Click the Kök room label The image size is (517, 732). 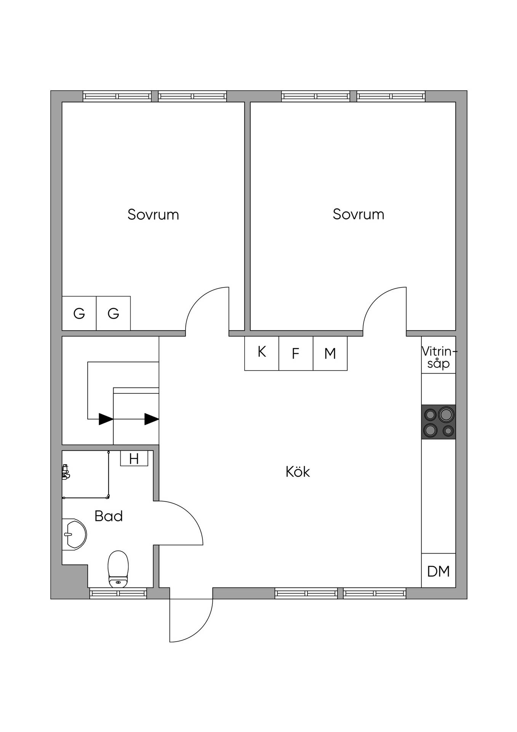click(x=298, y=472)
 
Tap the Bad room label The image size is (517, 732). click(x=109, y=516)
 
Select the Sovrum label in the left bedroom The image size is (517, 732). click(x=153, y=215)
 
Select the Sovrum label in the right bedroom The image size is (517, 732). click(x=359, y=214)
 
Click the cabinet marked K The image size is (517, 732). click(x=262, y=353)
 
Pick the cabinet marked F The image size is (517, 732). click(x=296, y=353)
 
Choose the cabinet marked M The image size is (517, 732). click(x=330, y=353)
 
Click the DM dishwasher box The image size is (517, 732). click(x=439, y=570)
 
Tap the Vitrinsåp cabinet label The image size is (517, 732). click(x=439, y=357)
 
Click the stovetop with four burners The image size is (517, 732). click(x=439, y=422)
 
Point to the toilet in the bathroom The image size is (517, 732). click(x=118, y=569)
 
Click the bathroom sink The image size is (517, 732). click(x=74, y=534)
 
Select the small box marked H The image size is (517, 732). click(x=134, y=458)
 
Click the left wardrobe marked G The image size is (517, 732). click(x=79, y=313)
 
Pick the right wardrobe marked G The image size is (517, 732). click(x=114, y=313)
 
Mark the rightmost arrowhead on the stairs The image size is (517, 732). click(x=152, y=419)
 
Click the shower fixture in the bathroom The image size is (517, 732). click(x=66, y=472)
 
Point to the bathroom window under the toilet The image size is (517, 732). click(x=118, y=593)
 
